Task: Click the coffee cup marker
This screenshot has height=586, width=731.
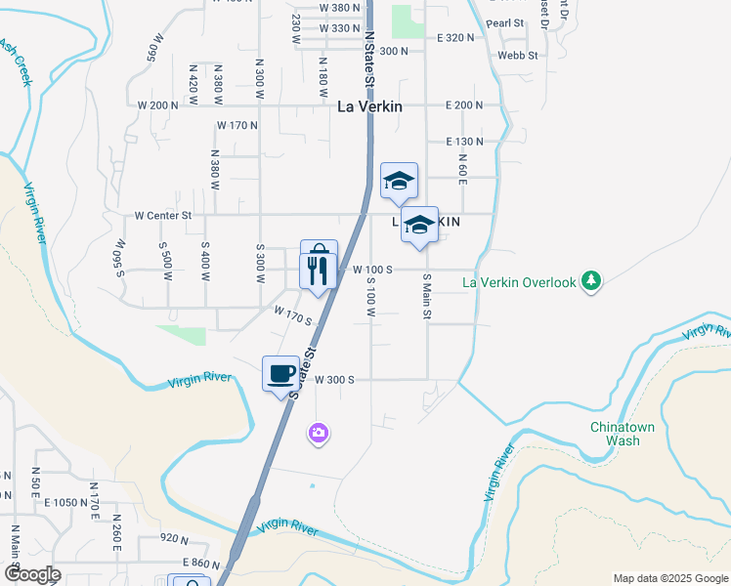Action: [x=281, y=373]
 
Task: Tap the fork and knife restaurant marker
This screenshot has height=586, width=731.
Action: [x=319, y=270]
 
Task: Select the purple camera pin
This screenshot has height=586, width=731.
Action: [x=318, y=433]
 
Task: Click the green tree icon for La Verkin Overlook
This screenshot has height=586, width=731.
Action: [x=590, y=283]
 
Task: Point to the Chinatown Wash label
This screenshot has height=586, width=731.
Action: [x=616, y=434]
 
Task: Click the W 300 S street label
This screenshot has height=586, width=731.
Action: [x=333, y=379]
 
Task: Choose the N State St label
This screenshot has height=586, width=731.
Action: [x=369, y=60]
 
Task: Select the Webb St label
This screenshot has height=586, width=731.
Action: [x=518, y=56]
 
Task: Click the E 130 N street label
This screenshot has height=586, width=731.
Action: [x=464, y=142]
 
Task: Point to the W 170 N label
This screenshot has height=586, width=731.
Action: [x=237, y=125]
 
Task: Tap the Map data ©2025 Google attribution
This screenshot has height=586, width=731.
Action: [x=668, y=578]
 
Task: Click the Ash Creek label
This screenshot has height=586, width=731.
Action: [x=16, y=62]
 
